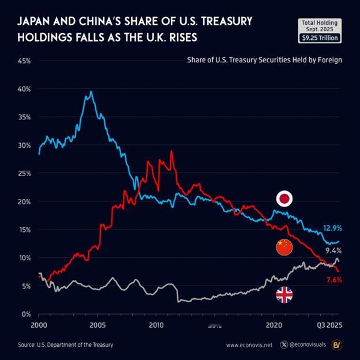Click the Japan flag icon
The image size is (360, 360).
(x=284, y=199)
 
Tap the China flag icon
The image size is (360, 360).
(x=284, y=247)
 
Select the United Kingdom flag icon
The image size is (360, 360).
(x=284, y=295)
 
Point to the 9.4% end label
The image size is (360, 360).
(x=333, y=251)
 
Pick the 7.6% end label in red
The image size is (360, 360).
(x=332, y=280)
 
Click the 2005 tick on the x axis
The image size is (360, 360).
(x=97, y=325)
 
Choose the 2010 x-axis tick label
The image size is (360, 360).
(x=156, y=325)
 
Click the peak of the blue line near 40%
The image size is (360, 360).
(x=91, y=91)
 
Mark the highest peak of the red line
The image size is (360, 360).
(x=171, y=151)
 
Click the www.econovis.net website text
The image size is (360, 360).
(x=249, y=345)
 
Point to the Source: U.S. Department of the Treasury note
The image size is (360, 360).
(x=65, y=345)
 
